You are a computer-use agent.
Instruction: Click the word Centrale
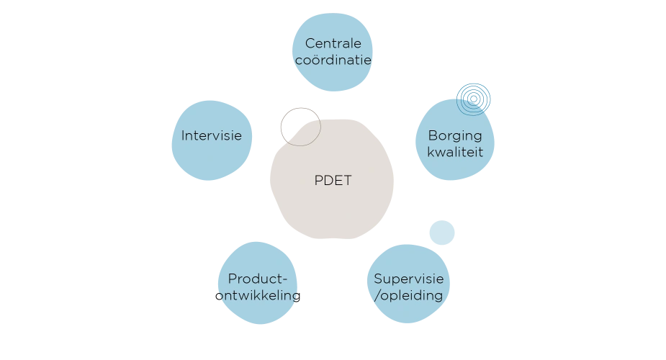click(x=333, y=44)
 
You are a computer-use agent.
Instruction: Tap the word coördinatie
click(x=334, y=60)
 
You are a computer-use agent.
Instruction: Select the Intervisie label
click(x=211, y=135)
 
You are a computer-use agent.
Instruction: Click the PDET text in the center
click(x=333, y=181)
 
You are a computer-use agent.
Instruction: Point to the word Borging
click(x=455, y=135)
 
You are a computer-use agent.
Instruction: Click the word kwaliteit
click(x=455, y=152)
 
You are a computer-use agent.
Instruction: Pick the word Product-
click(x=258, y=279)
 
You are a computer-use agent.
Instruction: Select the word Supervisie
click(x=408, y=279)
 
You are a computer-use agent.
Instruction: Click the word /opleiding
click(x=408, y=296)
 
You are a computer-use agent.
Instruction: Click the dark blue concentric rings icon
click(x=474, y=97)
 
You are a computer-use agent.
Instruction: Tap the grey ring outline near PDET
click(x=299, y=126)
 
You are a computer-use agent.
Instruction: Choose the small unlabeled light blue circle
click(x=441, y=233)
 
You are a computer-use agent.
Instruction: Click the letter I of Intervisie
click(x=183, y=135)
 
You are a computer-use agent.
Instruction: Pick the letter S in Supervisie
click(x=378, y=279)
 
